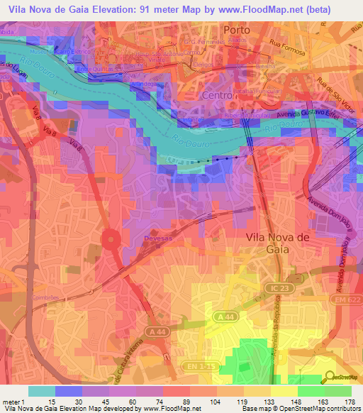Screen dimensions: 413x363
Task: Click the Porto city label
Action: point(237,31)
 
